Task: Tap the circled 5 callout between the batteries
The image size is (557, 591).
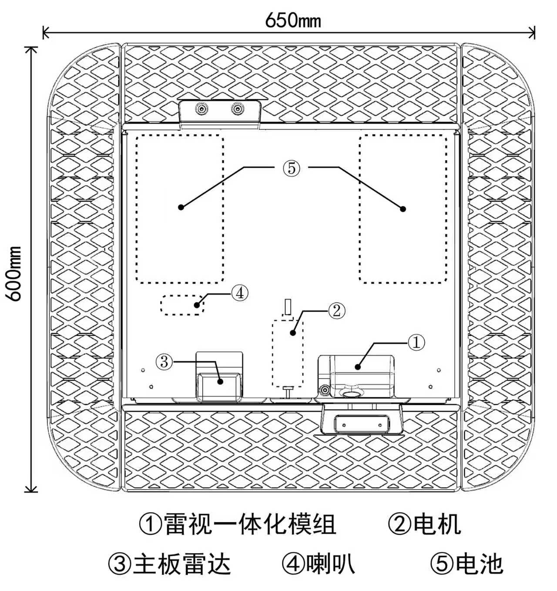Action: (292, 168)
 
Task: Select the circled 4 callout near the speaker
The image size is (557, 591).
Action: (239, 293)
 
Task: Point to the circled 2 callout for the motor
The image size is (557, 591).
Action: (336, 311)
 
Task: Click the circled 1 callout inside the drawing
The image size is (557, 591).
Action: (416, 343)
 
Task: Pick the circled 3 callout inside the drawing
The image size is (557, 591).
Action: (164, 361)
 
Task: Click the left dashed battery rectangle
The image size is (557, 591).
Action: (180, 209)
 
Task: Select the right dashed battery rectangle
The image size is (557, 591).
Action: (403, 209)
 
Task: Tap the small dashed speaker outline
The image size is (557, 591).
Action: (182, 305)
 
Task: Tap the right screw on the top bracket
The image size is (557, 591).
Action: (237, 109)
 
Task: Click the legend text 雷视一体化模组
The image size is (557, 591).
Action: (250, 524)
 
